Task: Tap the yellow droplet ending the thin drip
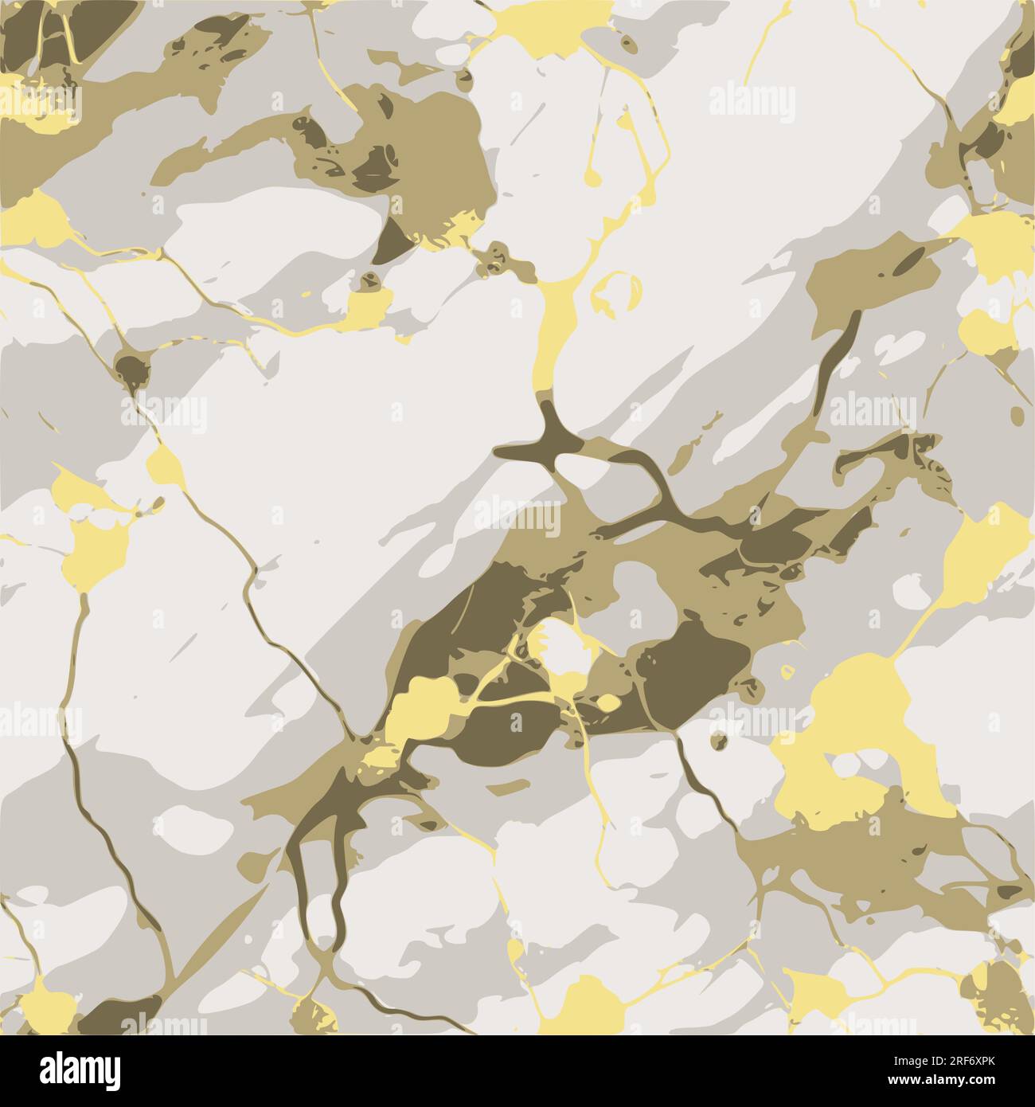tap(590, 173)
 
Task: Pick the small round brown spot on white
tap(719, 741)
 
